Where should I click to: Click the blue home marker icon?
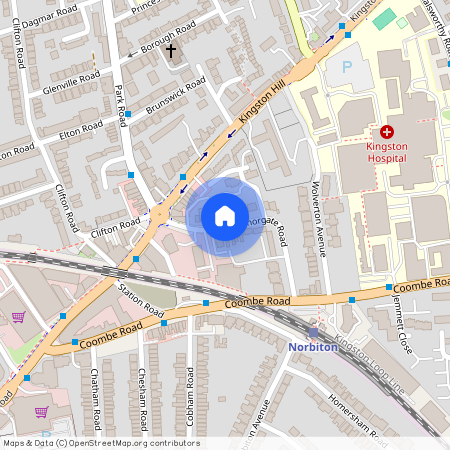coord(225,216)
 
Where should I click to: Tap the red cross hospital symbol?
coord(387,132)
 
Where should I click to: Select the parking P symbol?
coord(347,67)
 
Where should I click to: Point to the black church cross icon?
coord(170,49)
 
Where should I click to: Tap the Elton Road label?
coord(82,129)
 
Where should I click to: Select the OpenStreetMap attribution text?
coord(100,443)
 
